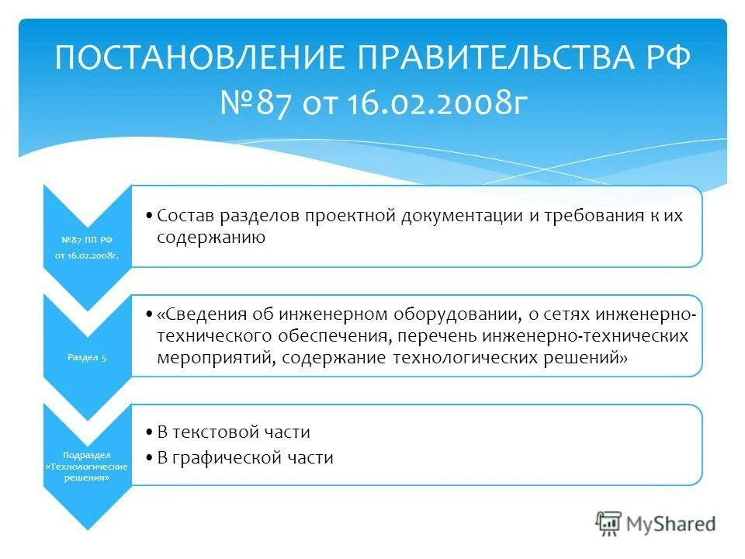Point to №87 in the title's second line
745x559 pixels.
(x=250, y=103)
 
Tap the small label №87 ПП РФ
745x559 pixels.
(x=86, y=240)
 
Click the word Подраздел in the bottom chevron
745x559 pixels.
(x=86, y=454)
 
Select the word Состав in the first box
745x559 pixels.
(x=189, y=216)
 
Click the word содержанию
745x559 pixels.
(x=211, y=238)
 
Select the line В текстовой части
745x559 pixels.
(x=234, y=432)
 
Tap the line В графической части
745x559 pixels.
(x=245, y=458)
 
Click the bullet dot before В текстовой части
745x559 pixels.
(x=149, y=432)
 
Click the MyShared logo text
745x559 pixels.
(x=672, y=523)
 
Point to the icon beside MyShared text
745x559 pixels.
(x=609, y=523)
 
